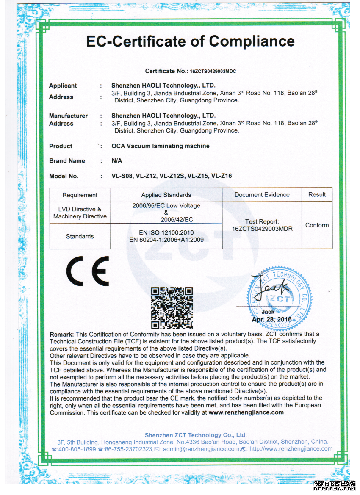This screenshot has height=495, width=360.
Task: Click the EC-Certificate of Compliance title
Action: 190,41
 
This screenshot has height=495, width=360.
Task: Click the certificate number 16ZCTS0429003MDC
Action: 213,71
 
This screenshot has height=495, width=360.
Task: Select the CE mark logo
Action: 87,271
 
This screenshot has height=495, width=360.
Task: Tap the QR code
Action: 172,308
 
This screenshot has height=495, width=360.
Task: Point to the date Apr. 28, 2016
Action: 271,319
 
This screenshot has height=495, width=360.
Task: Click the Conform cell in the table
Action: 317,225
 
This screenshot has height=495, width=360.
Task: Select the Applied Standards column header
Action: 166,195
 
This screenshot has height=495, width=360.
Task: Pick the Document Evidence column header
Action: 262,195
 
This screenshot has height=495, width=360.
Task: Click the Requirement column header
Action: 80,195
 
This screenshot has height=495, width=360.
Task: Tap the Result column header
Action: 317,195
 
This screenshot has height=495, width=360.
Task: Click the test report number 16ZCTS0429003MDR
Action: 262,229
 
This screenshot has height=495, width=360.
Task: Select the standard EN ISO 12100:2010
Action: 166,232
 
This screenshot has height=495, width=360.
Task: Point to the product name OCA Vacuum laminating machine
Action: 160,146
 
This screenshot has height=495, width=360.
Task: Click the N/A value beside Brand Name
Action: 116,161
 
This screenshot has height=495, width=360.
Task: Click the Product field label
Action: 61,146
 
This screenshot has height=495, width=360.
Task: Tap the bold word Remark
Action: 61,334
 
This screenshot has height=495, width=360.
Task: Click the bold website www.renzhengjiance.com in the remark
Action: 246,412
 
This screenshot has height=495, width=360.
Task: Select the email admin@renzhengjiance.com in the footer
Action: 201,449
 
